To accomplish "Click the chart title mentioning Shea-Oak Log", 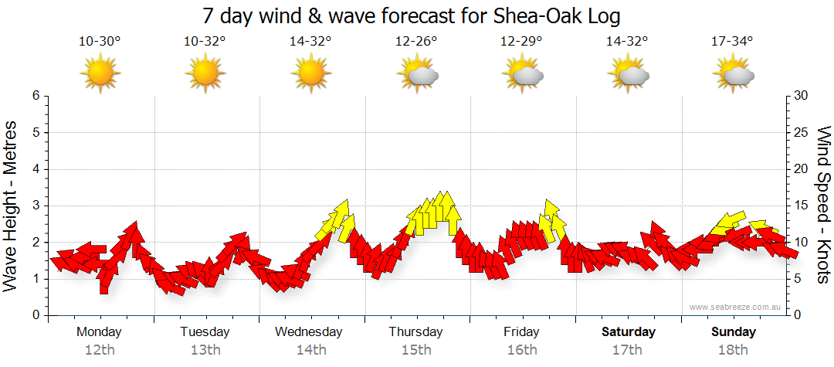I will [x=412, y=15].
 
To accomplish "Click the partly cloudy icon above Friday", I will [x=523, y=74].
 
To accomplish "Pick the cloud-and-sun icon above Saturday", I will [x=629, y=74].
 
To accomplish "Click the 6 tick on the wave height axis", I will [x=35, y=96].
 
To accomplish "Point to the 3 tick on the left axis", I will [x=35, y=206].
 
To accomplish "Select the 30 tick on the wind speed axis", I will [x=802, y=96].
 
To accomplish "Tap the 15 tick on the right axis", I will [x=802, y=206].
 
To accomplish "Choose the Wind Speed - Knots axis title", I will [x=823, y=205].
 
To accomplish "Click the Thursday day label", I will [x=415, y=332].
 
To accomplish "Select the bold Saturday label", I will [x=629, y=332].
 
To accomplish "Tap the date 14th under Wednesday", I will [x=310, y=350].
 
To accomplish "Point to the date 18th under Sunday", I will [x=733, y=350].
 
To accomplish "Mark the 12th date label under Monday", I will [x=100, y=350].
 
